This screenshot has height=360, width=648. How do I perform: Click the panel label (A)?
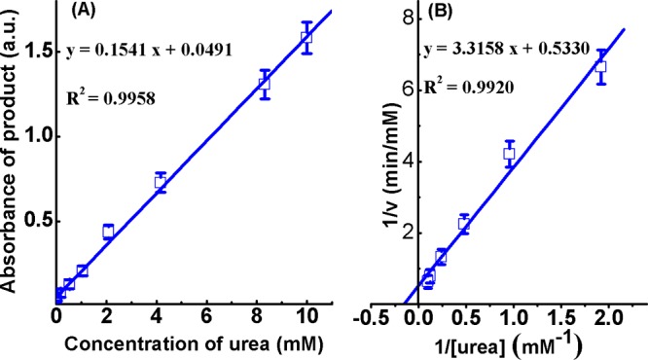tap(81, 14)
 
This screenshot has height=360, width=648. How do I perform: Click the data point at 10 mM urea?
tap(306, 37)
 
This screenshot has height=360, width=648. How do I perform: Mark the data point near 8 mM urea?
tap(264, 84)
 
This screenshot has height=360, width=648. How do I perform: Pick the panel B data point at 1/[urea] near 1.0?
tap(508, 153)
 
